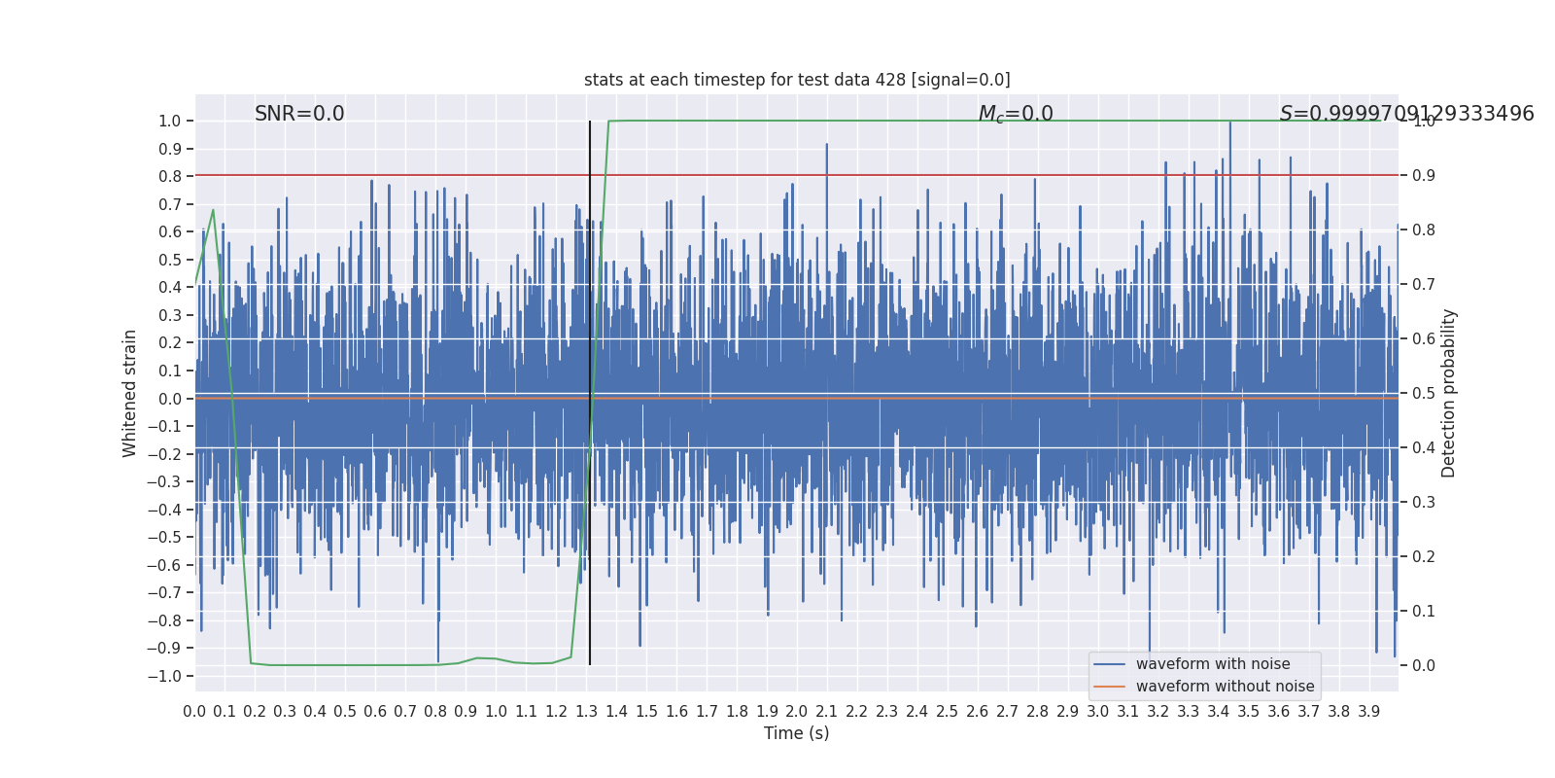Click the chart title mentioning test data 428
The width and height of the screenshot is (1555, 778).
[797, 80]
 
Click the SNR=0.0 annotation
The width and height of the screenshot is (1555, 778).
[299, 114]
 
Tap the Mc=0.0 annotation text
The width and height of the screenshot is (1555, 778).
[1016, 114]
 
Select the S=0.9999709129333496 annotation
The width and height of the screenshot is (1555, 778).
[1406, 114]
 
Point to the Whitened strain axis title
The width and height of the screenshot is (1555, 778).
[130, 393]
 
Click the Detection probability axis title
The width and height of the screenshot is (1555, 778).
[1449, 393]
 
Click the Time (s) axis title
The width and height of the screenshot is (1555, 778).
[796, 733]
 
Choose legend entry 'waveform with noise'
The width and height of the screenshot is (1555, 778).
[1212, 664]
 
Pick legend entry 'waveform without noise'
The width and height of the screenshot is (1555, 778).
[1224, 687]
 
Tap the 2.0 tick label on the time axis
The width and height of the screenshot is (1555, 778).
[797, 712]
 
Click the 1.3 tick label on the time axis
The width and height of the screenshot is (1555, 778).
[586, 712]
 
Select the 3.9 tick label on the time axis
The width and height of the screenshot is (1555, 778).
[1368, 712]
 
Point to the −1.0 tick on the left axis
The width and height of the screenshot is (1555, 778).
[169, 676]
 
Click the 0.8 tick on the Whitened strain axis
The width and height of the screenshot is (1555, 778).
[170, 176]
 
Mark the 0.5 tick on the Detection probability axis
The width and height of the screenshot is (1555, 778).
[1424, 393]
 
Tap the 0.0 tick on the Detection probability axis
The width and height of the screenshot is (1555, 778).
[1424, 665]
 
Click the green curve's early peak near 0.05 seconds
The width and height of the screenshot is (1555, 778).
[213, 210]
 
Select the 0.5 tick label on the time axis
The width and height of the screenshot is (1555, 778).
[345, 712]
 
